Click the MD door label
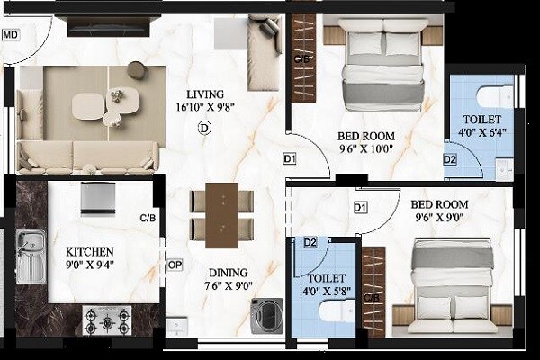(x=11, y=36)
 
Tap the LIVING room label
(x=206, y=94)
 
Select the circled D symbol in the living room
(x=203, y=129)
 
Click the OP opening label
(x=175, y=266)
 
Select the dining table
(x=221, y=214)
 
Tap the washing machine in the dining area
(x=268, y=316)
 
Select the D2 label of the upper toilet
(x=450, y=160)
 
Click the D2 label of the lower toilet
(x=310, y=242)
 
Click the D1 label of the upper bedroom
(x=290, y=159)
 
